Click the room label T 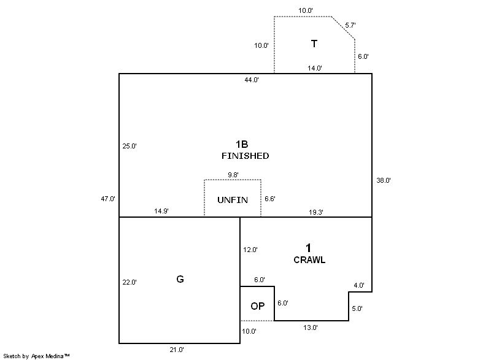coord(314,44)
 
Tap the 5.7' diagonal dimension coord(350,25)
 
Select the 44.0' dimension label coord(251,80)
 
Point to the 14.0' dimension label coord(315,68)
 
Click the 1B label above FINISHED coord(242,144)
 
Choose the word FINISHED coord(245,156)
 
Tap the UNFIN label coord(233,200)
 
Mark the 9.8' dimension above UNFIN coord(233,175)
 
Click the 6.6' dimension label coord(270,199)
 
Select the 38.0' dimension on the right coord(384,180)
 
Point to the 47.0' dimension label coord(108,199)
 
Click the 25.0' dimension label coord(130,146)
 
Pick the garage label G coord(180,279)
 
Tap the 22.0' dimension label coord(130,282)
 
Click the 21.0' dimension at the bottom coord(177,350)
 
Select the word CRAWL coord(309,259)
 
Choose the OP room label coord(258,306)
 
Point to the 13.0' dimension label coord(311,327)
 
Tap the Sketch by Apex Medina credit coord(36,355)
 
